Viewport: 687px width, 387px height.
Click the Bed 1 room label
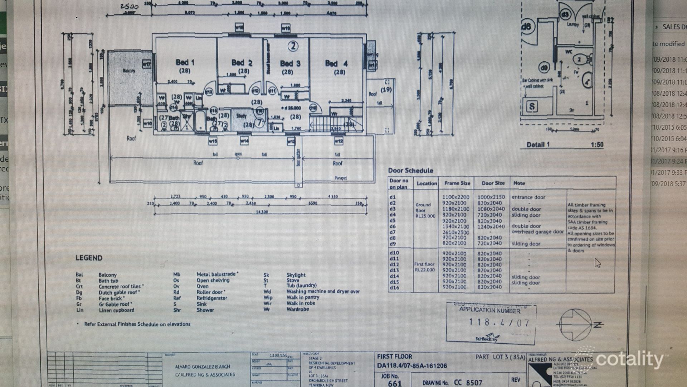[x=185, y=62]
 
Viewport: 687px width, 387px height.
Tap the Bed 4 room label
[x=336, y=63]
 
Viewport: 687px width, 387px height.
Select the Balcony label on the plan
[x=129, y=71]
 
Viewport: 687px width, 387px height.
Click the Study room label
[x=241, y=116]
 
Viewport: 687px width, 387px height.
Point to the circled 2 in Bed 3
[x=293, y=46]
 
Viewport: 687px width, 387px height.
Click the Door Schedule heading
[x=410, y=171]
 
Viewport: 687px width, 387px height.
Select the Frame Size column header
[x=457, y=183]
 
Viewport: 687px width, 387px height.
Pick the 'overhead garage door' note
[x=537, y=232]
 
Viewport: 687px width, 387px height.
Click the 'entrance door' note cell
[x=528, y=197]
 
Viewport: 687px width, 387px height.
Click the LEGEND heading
[x=89, y=258]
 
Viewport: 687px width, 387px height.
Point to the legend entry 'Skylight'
[x=296, y=275]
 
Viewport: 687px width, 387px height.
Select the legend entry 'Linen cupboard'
[x=116, y=310]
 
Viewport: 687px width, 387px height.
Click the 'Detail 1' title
[x=538, y=145]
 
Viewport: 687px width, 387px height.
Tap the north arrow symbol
[x=576, y=325]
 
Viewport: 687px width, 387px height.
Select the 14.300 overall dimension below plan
[x=262, y=212]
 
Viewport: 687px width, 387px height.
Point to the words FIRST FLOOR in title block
[x=394, y=357]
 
